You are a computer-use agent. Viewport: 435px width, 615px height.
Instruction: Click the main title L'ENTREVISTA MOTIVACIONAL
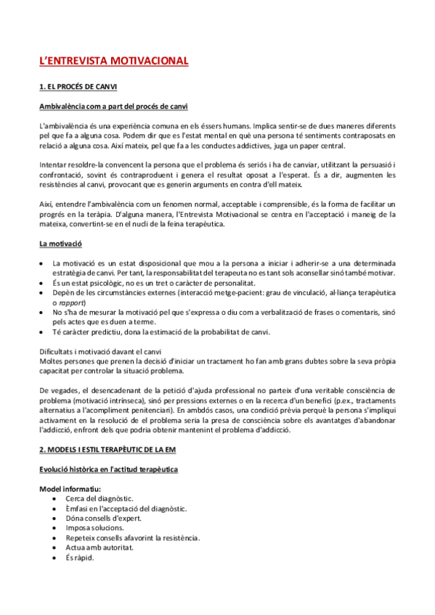click(x=113, y=60)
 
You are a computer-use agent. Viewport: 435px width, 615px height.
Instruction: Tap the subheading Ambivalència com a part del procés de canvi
click(x=113, y=107)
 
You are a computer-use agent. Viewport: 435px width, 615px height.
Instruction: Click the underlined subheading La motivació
click(x=60, y=244)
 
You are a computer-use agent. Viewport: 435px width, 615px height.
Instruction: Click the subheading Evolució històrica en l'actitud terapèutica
click(x=108, y=470)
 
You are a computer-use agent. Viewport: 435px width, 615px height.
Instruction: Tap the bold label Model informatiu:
click(x=70, y=490)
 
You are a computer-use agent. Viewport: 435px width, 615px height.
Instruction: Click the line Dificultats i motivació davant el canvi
click(x=99, y=351)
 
